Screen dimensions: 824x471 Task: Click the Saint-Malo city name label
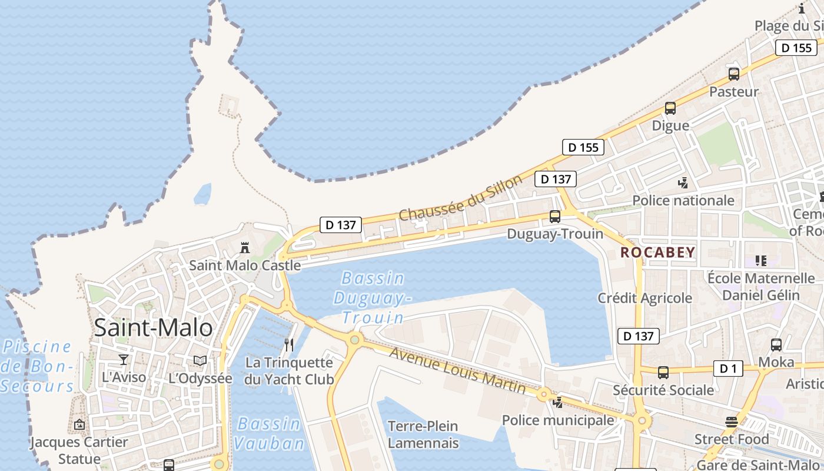pyautogui.click(x=153, y=327)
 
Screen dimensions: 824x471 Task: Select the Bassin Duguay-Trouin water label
pyautogui.click(x=372, y=298)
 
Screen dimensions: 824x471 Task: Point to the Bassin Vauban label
pyautogui.click(x=269, y=433)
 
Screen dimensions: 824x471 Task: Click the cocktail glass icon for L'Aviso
pyautogui.click(x=124, y=360)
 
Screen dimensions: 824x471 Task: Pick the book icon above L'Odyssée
pyautogui.click(x=200, y=360)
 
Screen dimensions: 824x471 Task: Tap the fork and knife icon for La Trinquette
pyautogui.click(x=289, y=345)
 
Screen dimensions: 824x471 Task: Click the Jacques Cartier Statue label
pyautogui.click(x=79, y=450)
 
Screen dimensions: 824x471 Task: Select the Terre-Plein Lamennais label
pyautogui.click(x=423, y=434)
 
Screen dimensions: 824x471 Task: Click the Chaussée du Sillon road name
pyautogui.click(x=460, y=198)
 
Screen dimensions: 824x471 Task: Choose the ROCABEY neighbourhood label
pyautogui.click(x=658, y=253)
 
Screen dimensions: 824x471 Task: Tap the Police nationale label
pyautogui.click(x=683, y=201)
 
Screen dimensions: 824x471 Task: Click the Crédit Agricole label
pyautogui.click(x=644, y=298)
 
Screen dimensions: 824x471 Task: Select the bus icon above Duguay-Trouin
pyautogui.click(x=555, y=217)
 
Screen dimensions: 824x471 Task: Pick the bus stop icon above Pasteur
pyautogui.click(x=734, y=74)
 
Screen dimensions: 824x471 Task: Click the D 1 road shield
pyautogui.click(x=728, y=369)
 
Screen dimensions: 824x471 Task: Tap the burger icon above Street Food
pyautogui.click(x=732, y=422)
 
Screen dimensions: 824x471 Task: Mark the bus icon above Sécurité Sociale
pyautogui.click(x=663, y=373)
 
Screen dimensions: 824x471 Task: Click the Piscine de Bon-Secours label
pyautogui.click(x=38, y=366)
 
